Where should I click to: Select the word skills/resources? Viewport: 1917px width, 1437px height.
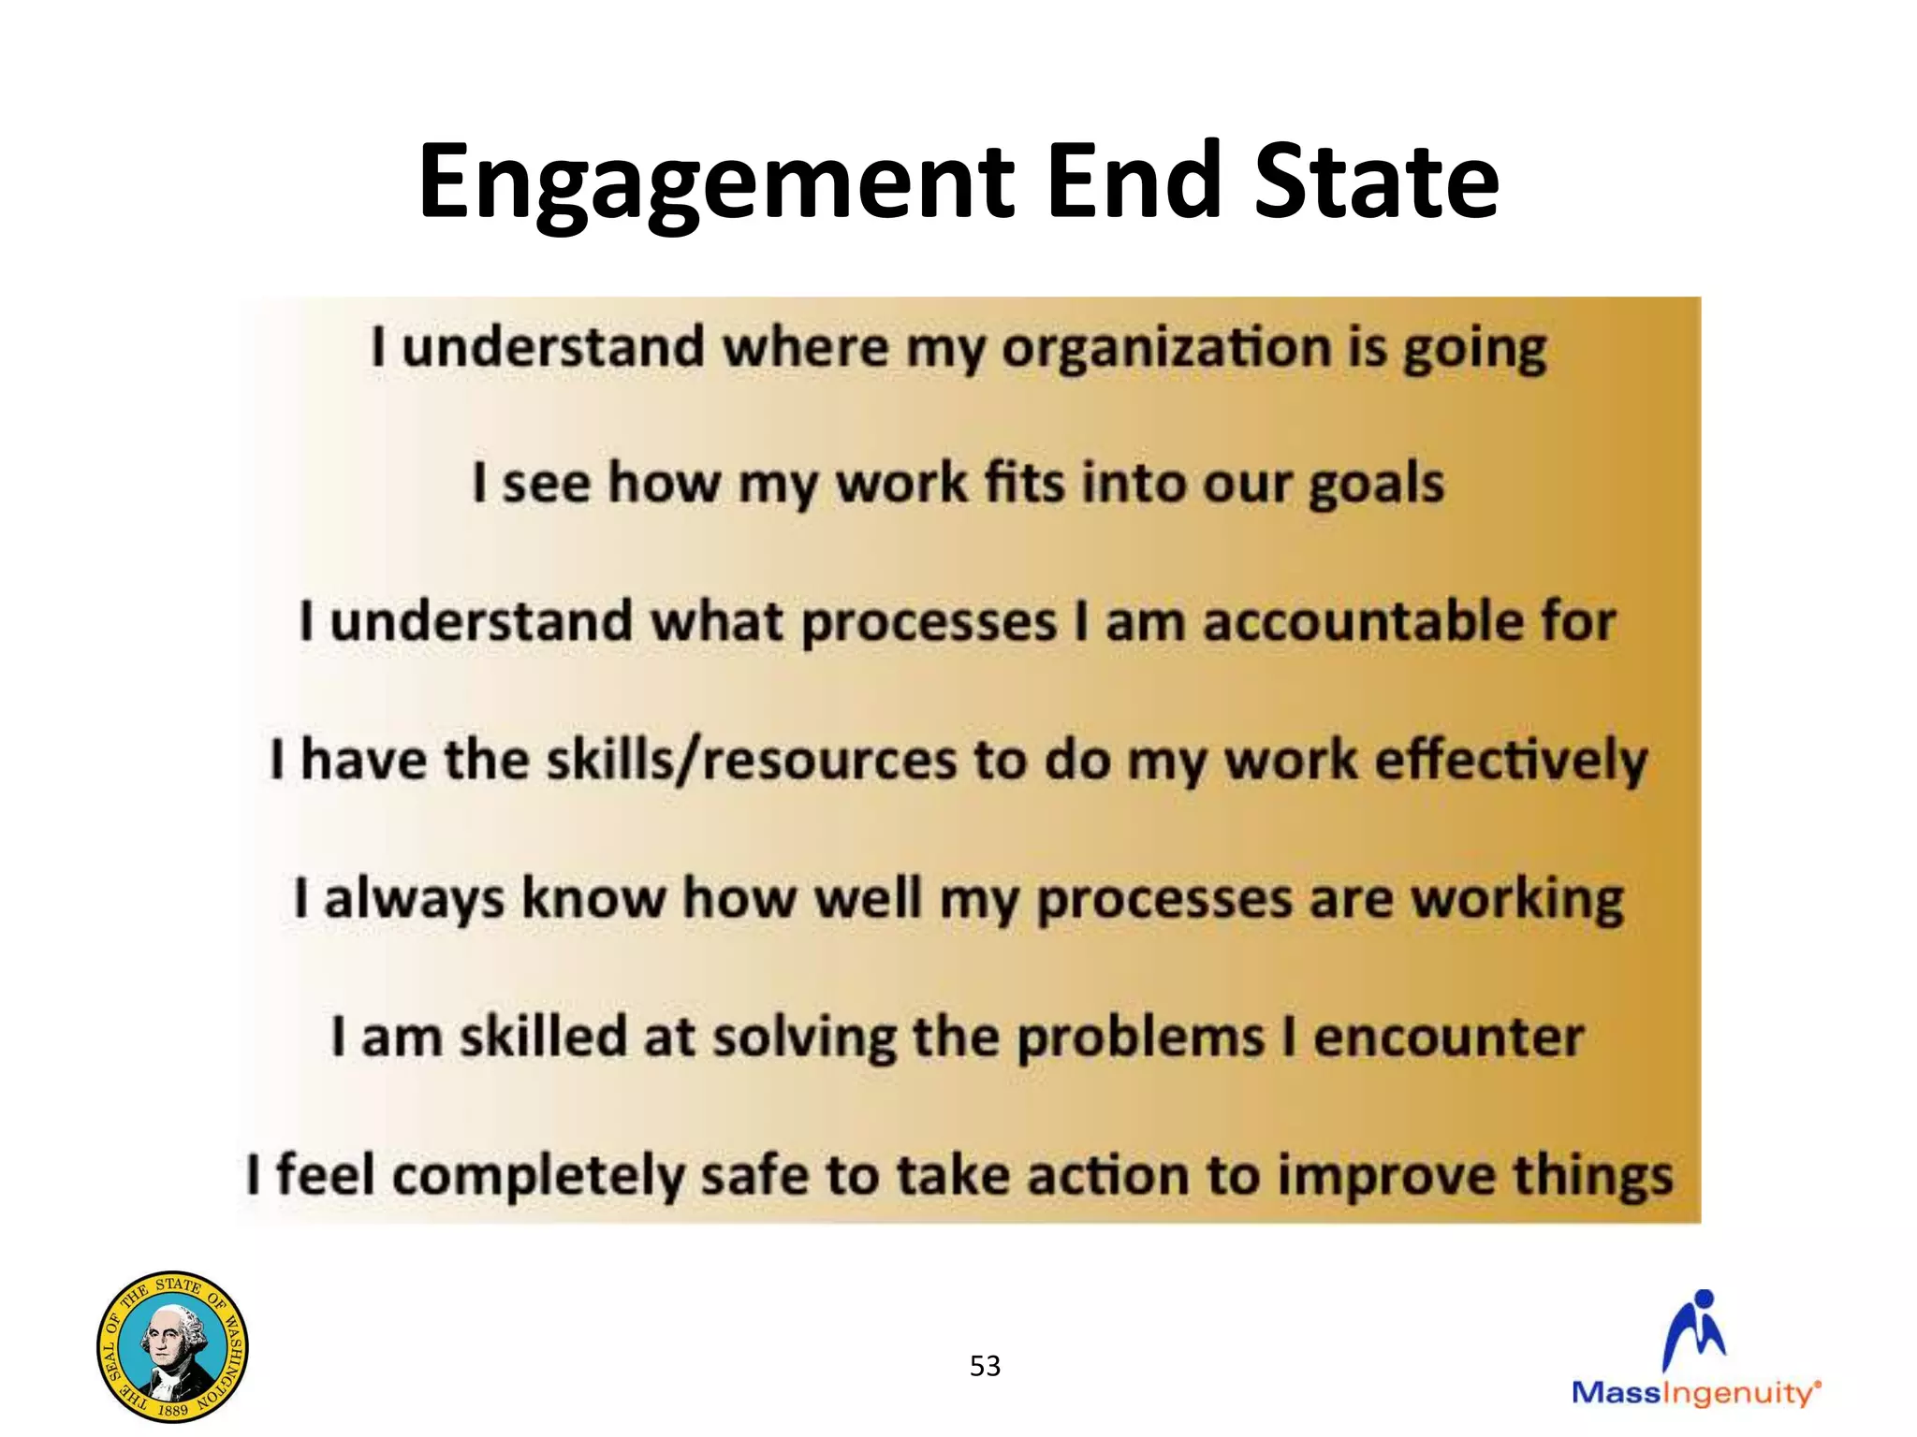coord(752,760)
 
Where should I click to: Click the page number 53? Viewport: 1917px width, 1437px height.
coord(985,1366)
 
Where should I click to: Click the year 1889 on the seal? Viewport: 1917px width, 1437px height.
coord(172,1409)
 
